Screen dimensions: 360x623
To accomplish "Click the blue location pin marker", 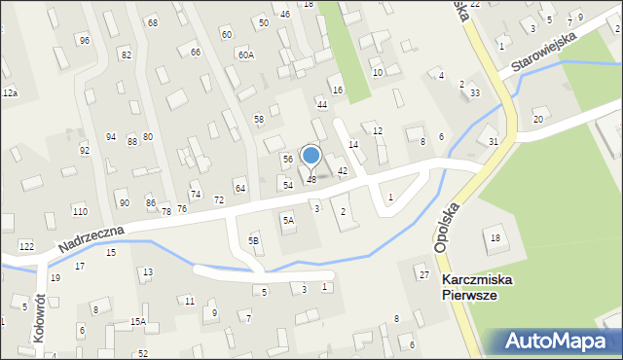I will tap(311, 156).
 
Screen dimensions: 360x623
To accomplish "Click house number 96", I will tap(85, 40).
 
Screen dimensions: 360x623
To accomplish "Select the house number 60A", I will tap(245, 55).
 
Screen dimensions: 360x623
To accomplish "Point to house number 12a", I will tap(10, 92).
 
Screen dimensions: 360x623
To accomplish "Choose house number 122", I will tap(27, 246).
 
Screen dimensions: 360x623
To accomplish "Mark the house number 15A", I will tap(138, 321).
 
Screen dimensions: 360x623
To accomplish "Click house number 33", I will tap(474, 92).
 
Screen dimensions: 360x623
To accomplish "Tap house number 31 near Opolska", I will tap(494, 142).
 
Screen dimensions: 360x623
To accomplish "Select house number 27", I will tap(424, 275).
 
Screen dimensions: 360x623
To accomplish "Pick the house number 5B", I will tap(254, 240).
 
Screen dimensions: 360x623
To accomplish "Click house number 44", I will tap(321, 104).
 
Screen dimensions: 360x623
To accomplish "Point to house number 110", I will tap(80, 211).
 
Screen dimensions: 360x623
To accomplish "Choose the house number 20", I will tap(537, 120).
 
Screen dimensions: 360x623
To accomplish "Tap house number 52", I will tap(143, 353).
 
